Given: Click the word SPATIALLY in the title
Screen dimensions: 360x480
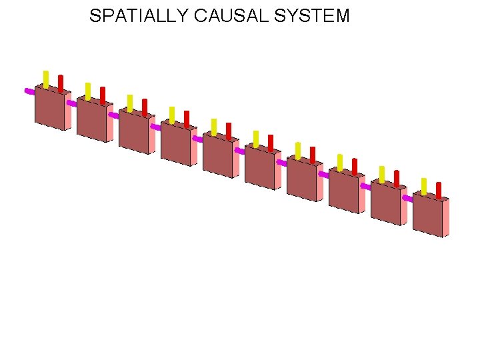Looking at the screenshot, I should (x=139, y=16).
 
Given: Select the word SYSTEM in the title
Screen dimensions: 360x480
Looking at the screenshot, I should (x=313, y=16).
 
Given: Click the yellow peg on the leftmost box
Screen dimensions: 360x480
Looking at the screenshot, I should (x=46, y=78).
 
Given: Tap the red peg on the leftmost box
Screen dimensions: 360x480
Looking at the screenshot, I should (x=61, y=83).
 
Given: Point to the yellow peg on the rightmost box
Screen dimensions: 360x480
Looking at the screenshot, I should (x=424, y=185).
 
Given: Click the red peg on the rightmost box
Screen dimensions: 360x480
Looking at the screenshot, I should (x=439, y=190).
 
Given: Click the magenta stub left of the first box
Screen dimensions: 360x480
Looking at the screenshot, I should (x=29, y=91).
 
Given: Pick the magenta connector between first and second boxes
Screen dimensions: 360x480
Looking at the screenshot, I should (x=71, y=103).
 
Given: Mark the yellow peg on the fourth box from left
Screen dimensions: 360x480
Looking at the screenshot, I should (x=172, y=114).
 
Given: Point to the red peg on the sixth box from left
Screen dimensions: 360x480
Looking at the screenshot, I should (x=271, y=142).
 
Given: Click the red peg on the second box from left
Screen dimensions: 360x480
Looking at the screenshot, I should (x=103, y=95).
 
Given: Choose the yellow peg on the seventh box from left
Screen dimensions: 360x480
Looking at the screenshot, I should (x=298, y=150).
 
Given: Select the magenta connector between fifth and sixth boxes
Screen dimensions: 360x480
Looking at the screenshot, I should (x=239, y=151).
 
